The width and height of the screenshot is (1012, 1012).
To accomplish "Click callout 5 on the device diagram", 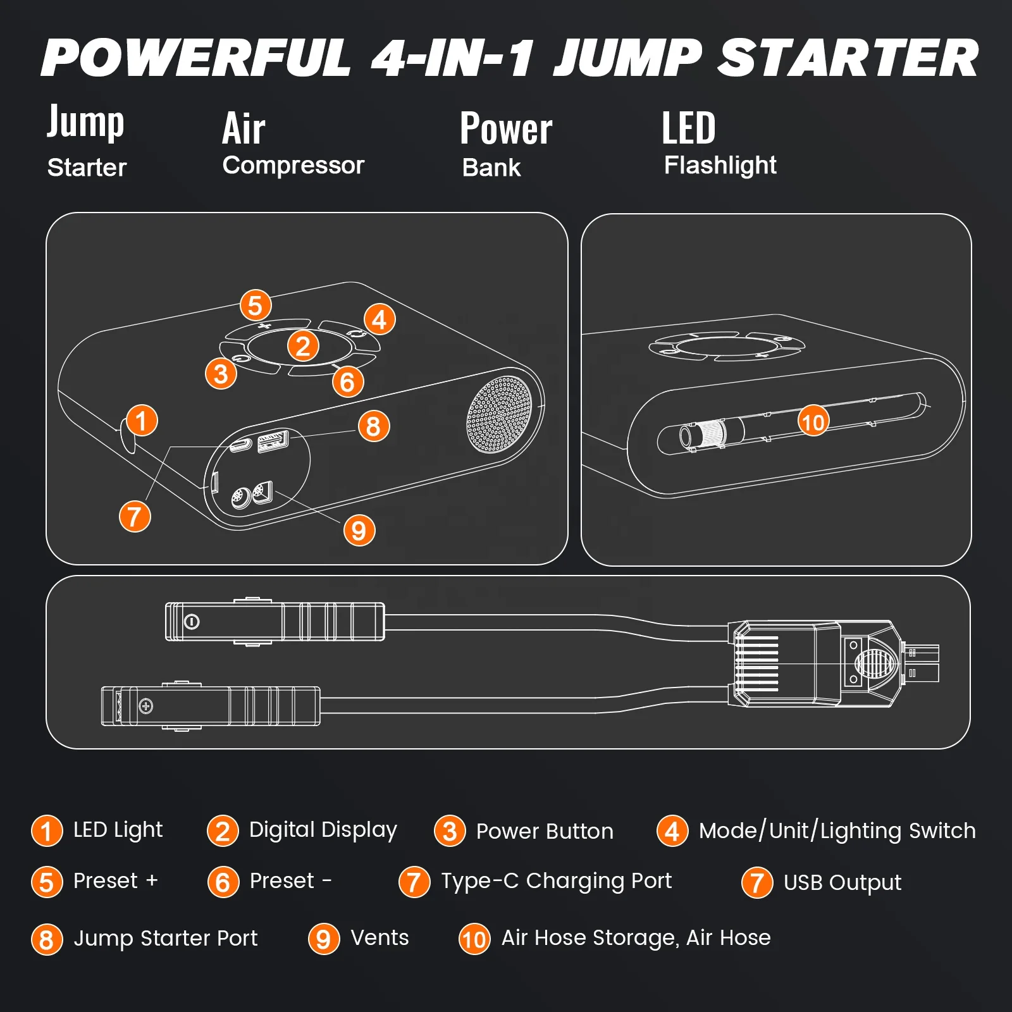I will pyautogui.click(x=256, y=305).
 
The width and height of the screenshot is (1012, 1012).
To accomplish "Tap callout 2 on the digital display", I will pyautogui.click(x=303, y=346).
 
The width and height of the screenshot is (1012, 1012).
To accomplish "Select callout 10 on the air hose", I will pyautogui.click(x=813, y=421).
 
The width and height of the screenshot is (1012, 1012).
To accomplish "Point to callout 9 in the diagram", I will pyautogui.click(x=359, y=530).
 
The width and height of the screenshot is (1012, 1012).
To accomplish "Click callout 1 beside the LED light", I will pyautogui.click(x=142, y=421).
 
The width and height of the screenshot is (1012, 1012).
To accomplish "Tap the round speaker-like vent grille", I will pyautogui.click(x=500, y=415).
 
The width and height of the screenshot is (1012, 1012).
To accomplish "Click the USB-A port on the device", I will pyautogui.click(x=273, y=440).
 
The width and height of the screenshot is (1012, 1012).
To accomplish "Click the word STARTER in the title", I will pyautogui.click(x=848, y=58).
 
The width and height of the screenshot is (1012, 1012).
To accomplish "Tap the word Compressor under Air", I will pyautogui.click(x=293, y=165).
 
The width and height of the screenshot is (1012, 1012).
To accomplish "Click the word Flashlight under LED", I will pyautogui.click(x=720, y=165).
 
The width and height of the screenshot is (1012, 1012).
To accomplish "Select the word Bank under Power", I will pyautogui.click(x=491, y=168).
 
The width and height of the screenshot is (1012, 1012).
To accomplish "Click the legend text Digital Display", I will pyautogui.click(x=323, y=830).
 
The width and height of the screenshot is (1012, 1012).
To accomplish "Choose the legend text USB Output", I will pyautogui.click(x=842, y=882).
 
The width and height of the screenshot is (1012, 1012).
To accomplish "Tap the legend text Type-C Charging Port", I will pyautogui.click(x=556, y=881).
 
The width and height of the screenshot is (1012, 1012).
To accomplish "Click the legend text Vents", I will pyautogui.click(x=379, y=937).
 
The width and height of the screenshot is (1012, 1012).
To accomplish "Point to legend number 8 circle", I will pyautogui.click(x=47, y=939).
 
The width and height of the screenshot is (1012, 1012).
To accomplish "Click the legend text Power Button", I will pyautogui.click(x=544, y=831).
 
